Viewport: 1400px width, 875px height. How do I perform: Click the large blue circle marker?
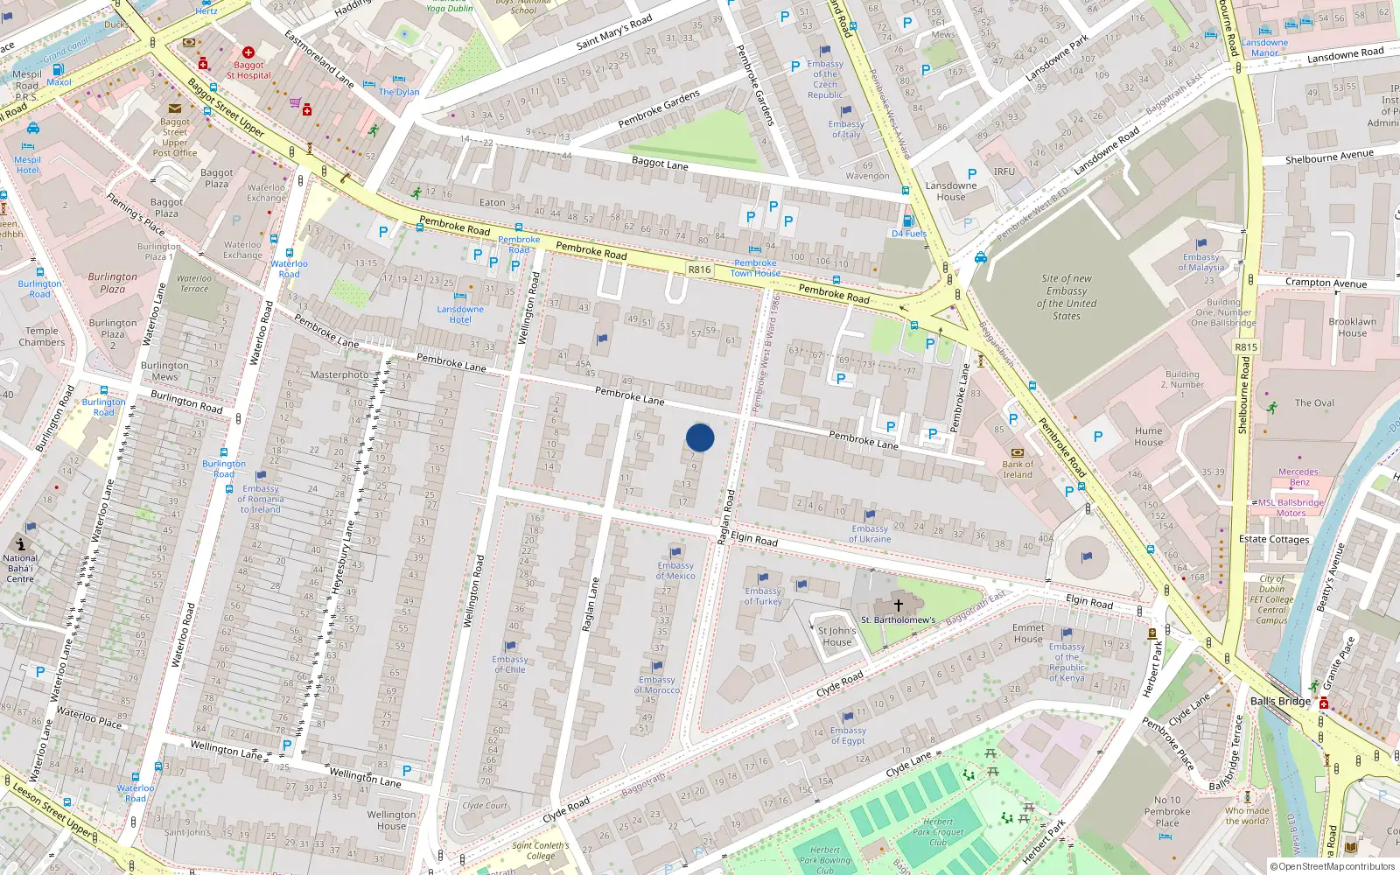[700, 437]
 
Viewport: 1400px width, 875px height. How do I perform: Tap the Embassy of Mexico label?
[675, 570]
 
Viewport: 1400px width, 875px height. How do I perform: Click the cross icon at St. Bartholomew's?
[898, 605]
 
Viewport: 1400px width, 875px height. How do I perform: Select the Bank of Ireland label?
[1018, 469]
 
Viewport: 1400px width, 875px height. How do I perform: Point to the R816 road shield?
[699, 269]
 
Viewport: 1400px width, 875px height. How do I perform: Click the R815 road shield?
[1246, 347]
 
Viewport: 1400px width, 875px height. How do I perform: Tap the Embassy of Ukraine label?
[870, 534]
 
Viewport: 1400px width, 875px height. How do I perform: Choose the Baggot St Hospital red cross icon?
[248, 52]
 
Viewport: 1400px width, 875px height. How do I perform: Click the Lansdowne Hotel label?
[460, 314]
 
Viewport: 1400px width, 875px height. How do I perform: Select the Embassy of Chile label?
[509, 664]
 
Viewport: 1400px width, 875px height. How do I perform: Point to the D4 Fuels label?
[909, 234]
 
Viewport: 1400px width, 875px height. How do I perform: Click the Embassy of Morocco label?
[657, 684]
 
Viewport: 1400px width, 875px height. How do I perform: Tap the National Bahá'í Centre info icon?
[21, 544]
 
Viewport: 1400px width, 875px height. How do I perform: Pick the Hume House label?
[1148, 437]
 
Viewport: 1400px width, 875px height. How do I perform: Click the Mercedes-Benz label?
[1298, 477]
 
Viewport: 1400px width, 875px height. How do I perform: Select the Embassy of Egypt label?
[848, 735]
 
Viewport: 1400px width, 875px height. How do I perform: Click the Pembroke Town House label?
[755, 268]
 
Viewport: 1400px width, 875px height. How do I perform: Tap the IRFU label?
[1004, 171]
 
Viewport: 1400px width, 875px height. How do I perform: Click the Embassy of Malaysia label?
[1200, 262]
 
